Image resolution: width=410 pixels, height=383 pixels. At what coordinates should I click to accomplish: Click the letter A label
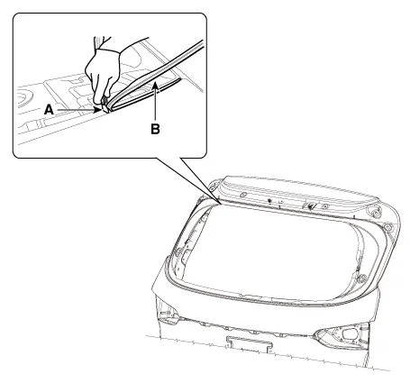tap(49, 110)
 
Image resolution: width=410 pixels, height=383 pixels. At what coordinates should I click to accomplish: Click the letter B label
tap(155, 129)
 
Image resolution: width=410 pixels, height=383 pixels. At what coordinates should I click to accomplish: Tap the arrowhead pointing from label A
tap(98, 110)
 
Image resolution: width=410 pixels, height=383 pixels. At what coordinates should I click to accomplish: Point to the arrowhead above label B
tap(155, 86)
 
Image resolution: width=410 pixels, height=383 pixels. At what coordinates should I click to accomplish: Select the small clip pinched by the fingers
tap(105, 106)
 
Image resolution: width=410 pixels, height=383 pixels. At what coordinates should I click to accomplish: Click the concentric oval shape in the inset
tap(24, 98)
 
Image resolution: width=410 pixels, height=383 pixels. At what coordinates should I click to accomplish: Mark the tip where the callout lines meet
tap(221, 204)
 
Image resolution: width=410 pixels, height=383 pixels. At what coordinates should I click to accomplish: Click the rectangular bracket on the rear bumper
tap(250, 343)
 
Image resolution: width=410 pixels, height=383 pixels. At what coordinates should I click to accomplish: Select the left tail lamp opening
tap(169, 314)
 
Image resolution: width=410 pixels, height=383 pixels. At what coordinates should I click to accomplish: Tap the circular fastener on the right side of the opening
tap(361, 278)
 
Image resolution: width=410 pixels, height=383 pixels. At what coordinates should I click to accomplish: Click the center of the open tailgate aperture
tap(270, 252)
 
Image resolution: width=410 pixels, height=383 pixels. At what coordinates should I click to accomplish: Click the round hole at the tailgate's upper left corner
tap(213, 188)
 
